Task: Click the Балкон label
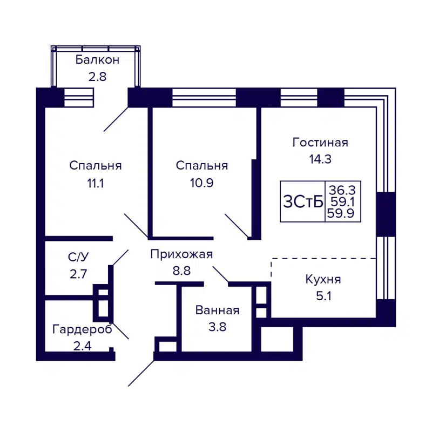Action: tap(98, 59)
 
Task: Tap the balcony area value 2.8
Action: tap(98, 76)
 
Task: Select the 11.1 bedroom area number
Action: tap(95, 183)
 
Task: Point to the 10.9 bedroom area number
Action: tap(202, 183)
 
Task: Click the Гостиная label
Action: tap(320, 143)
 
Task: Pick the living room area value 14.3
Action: tap(320, 159)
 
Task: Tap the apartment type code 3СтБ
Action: tap(303, 201)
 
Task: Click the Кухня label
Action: tap(323, 279)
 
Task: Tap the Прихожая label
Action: tap(181, 254)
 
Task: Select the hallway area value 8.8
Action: tap(181, 271)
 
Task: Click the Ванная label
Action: tap(217, 310)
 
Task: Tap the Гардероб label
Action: tap(82, 329)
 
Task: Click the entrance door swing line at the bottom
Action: tap(141, 373)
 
